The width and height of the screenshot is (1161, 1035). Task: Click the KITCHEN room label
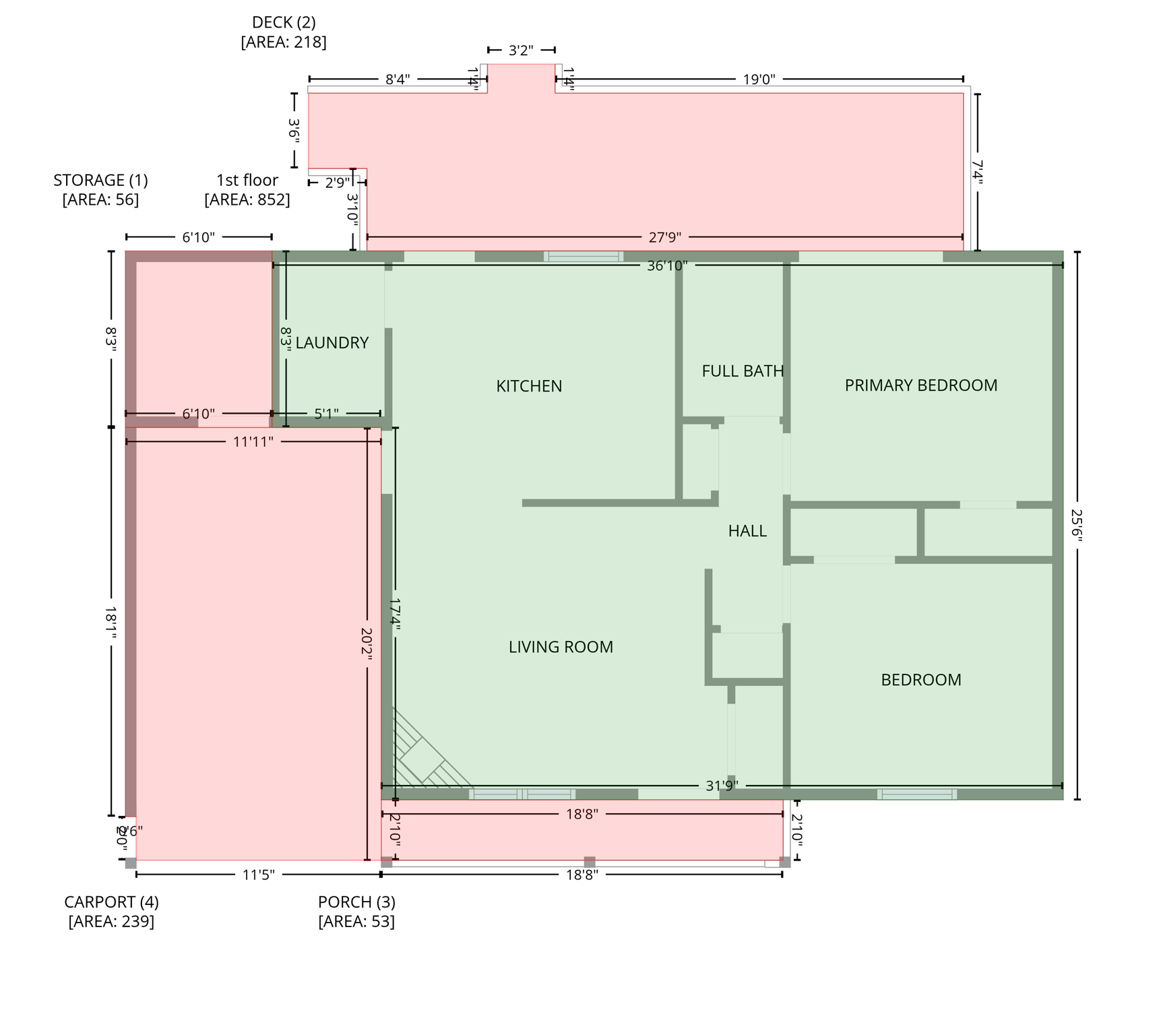tap(529, 386)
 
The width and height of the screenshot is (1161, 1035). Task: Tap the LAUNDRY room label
tap(332, 343)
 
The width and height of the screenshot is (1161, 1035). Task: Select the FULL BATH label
tap(743, 371)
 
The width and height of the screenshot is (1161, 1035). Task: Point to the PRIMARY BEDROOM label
tap(920, 385)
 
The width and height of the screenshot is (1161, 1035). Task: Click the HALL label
tap(747, 531)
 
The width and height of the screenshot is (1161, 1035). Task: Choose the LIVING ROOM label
tap(561, 647)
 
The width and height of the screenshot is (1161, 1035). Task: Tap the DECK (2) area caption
tap(284, 23)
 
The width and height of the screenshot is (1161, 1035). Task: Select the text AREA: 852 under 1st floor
tap(247, 200)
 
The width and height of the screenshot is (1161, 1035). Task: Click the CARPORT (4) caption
tap(111, 902)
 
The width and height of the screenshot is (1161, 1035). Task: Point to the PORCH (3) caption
tap(356, 902)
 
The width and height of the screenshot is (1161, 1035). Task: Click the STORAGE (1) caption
tap(100, 181)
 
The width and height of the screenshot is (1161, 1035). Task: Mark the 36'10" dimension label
tap(667, 265)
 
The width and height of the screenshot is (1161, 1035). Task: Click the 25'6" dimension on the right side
tap(1076, 525)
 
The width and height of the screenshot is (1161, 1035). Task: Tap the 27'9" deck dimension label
tap(664, 237)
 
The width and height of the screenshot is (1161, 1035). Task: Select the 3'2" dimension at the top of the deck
tap(521, 51)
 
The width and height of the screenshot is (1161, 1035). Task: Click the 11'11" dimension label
tap(253, 442)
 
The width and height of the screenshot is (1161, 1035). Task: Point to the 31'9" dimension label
tap(722, 786)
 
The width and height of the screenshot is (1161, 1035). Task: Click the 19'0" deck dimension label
tap(759, 80)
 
